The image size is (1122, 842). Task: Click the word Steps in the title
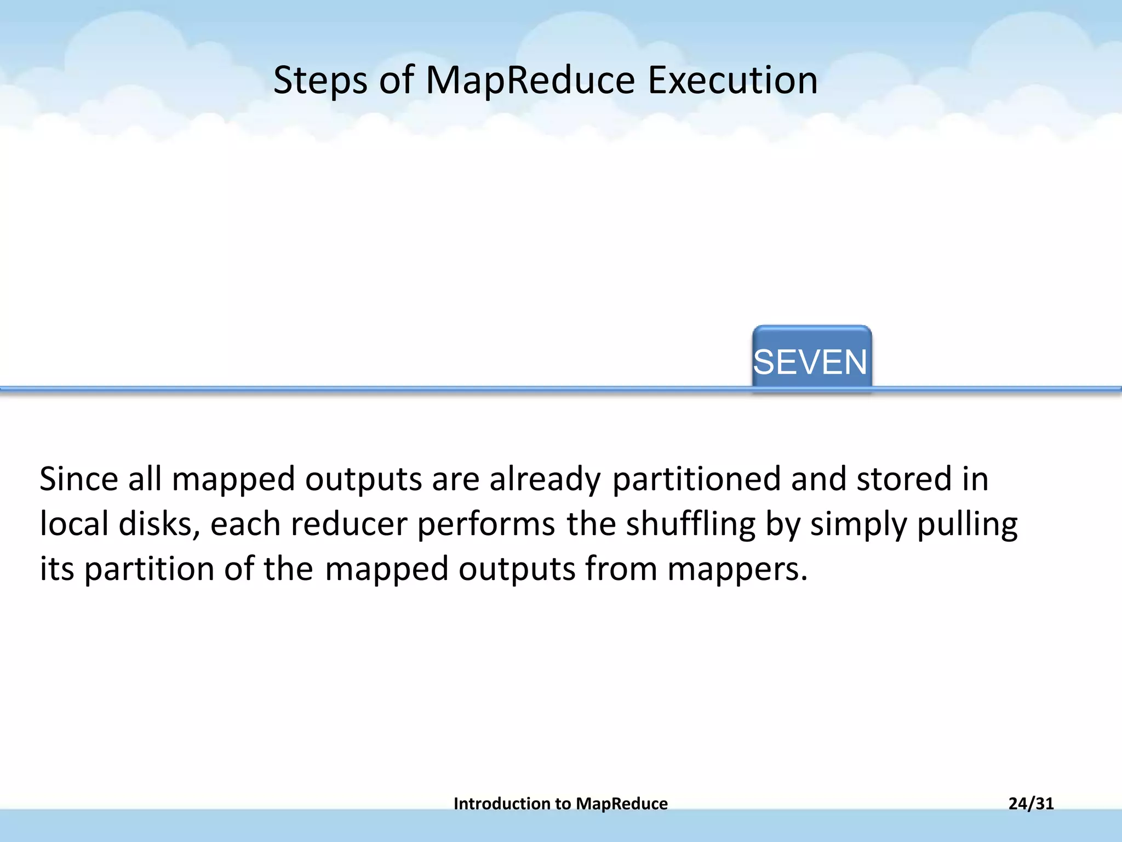pyautogui.click(x=320, y=81)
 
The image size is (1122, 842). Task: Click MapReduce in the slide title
pyautogui.click(x=530, y=81)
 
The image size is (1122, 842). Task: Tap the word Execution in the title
pyautogui.click(x=732, y=81)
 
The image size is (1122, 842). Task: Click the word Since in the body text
pyautogui.click(x=79, y=479)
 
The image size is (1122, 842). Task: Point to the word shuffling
pyautogui.click(x=691, y=524)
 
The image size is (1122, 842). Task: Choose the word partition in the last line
pyautogui.click(x=149, y=569)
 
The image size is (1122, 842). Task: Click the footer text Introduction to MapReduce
pyautogui.click(x=560, y=804)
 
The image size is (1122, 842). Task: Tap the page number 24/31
pyautogui.click(x=1031, y=804)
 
